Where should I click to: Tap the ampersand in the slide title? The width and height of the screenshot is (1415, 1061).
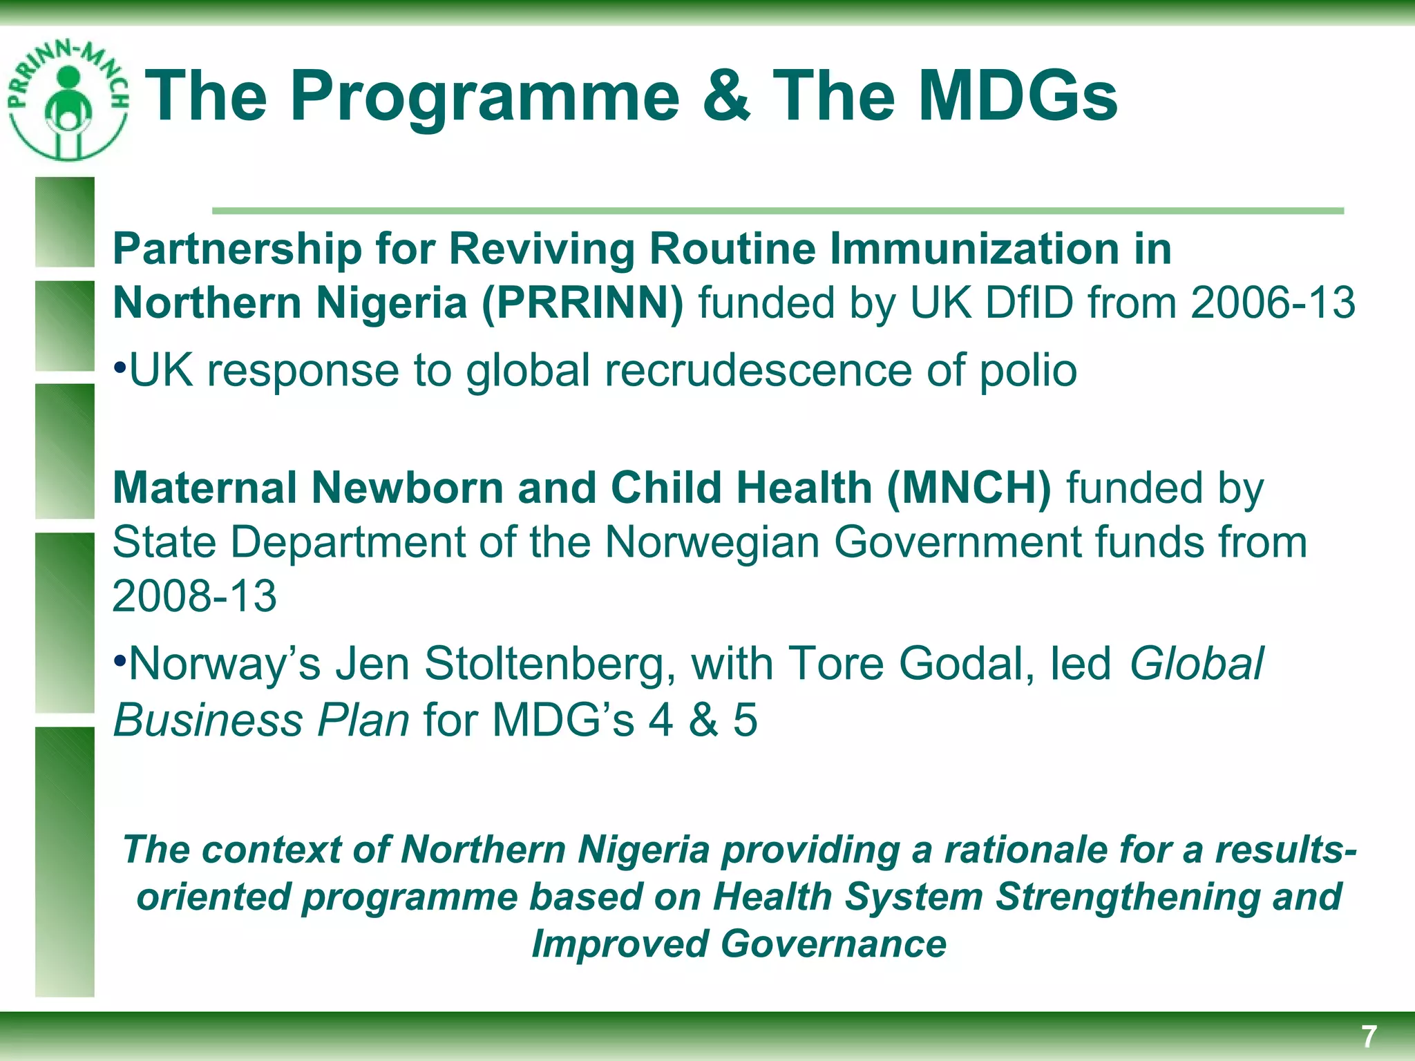(725, 96)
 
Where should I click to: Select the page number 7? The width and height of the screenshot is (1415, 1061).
(1368, 1037)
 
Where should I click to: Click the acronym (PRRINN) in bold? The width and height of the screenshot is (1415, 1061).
(582, 303)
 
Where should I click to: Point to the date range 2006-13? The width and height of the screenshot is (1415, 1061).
(1273, 303)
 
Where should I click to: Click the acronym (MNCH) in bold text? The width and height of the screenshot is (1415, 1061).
(969, 488)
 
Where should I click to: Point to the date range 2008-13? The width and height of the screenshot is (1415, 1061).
(194, 596)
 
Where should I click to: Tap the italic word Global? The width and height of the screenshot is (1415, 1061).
(1196, 664)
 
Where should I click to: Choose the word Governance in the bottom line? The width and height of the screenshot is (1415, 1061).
(833, 944)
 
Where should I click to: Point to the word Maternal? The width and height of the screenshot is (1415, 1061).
(205, 488)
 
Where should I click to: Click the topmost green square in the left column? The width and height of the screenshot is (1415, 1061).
(65, 222)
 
